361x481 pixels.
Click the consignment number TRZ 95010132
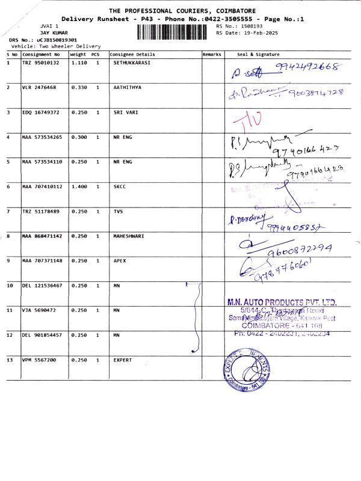point(41,63)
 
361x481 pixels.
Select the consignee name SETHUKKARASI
point(132,63)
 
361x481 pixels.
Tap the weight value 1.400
point(79,186)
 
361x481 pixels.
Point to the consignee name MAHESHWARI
point(129,236)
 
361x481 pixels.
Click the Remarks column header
point(212,54)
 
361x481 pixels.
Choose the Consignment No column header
point(42,54)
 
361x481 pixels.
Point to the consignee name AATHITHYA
point(128,87)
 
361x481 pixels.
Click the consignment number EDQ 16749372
point(41,112)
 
